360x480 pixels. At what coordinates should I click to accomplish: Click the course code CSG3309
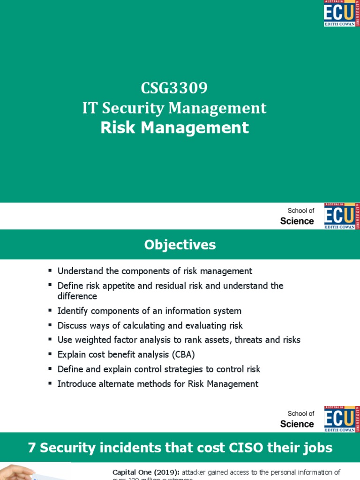(174, 88)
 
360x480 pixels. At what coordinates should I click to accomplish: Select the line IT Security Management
(174, 108)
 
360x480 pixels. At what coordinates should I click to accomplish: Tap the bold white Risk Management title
(174, 127)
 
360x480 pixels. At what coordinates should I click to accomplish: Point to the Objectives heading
(180, 245)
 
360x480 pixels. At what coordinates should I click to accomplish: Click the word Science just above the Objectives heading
(297, 221)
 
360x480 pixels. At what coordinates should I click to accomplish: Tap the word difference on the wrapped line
(77, 296)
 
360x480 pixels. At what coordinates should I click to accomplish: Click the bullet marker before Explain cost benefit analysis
(50, 354)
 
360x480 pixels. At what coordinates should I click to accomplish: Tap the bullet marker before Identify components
(50, 311)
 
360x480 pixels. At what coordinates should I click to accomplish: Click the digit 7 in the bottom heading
(32, 448)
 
